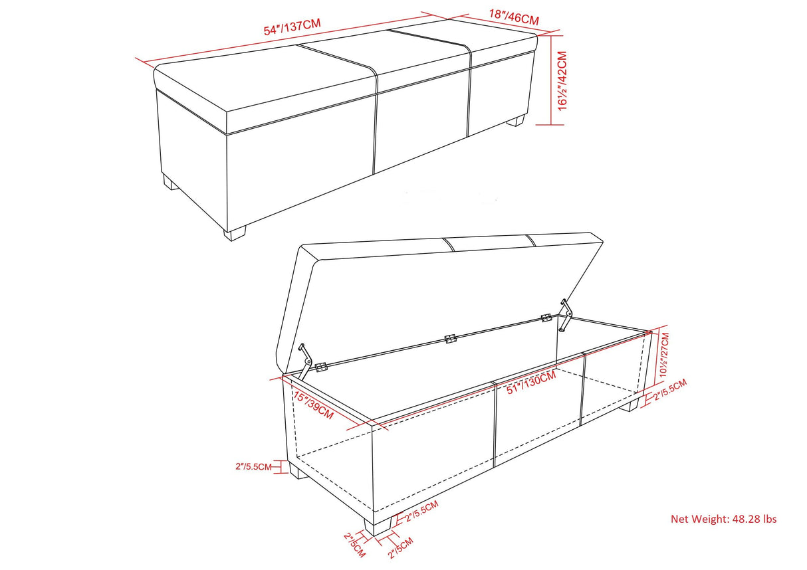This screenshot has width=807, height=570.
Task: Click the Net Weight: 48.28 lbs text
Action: coord(723,519)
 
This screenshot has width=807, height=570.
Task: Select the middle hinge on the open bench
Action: coord(450,339)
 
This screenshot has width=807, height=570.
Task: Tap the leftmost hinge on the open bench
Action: coord(322,367)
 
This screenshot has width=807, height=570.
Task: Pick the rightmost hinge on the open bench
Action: coord(547,318)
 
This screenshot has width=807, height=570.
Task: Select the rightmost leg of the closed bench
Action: coord(516,122)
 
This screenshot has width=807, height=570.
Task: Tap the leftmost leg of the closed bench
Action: coord(171,183)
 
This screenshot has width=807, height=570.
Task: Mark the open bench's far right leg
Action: coord(629,405)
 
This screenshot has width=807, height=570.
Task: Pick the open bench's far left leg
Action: coord(299,473)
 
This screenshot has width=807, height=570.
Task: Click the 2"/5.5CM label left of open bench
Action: coord(253,467)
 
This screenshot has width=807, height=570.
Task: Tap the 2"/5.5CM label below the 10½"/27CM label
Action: coord(669,393)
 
